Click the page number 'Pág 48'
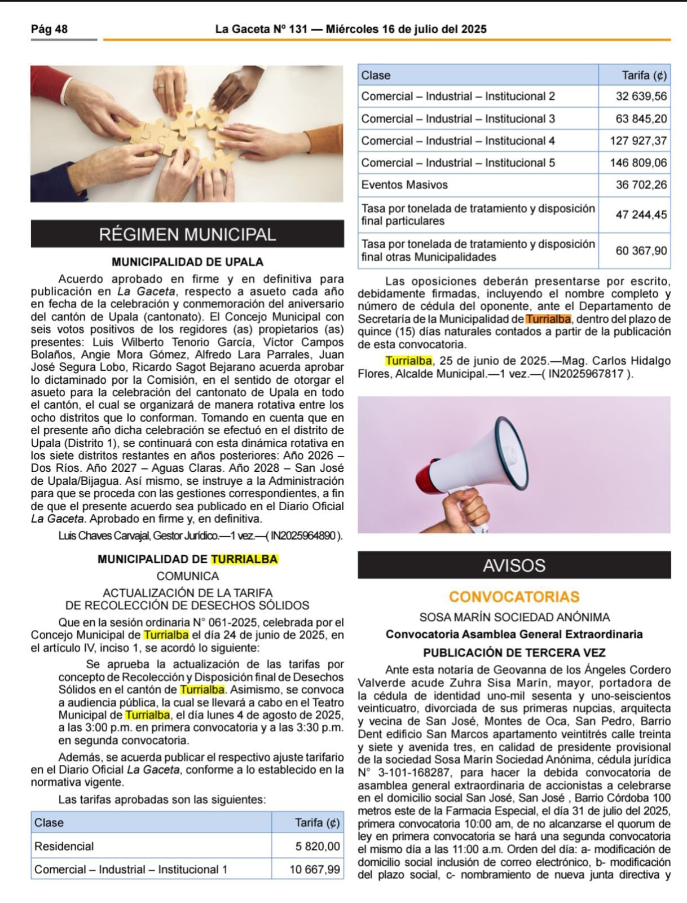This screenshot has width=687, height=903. click(x=49, y=29)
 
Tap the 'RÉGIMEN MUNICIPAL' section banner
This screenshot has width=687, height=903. click(x=187, y=234)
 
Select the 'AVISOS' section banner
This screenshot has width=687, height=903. click(x=514, y=566)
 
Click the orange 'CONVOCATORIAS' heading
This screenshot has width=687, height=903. click(x=514, y=597)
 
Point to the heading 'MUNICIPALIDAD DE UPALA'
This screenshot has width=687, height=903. click(x=187, y=262)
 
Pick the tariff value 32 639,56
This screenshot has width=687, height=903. click(x=641, y=97)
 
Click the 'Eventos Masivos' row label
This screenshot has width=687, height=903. click(x=404, y=185)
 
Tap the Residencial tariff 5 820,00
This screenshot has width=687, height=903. click(x=318, y=846)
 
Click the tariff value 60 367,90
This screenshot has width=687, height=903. click(x=641, y=251)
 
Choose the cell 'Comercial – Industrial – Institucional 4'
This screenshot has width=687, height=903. click(x=458, y=141)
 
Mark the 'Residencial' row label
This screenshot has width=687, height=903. click(x=64, y=846)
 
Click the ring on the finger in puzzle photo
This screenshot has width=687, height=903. click(x=161, y=88)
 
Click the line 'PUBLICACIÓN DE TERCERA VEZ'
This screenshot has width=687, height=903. click(x=514, y=652)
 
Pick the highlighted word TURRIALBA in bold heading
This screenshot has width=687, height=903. click(x=244, y=559)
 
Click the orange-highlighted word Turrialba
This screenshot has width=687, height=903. click(x=548, y=319)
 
